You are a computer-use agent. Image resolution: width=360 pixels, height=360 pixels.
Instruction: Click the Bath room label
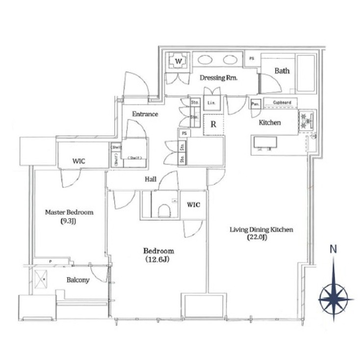coord(282,71)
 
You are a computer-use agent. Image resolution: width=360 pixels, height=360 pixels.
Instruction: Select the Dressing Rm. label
coord(219,78)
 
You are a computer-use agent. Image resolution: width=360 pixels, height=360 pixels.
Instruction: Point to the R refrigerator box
coord(213,124)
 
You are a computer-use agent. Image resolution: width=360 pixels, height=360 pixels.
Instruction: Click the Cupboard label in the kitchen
coord(282,103)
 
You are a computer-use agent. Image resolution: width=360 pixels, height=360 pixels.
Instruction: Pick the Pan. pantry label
coord(255,104)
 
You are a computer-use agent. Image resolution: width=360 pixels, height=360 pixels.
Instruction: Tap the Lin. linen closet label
coord(212,103)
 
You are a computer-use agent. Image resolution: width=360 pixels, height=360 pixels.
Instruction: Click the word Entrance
coord(145,114)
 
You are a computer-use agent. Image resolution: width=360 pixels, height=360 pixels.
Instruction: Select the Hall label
coord(151,180)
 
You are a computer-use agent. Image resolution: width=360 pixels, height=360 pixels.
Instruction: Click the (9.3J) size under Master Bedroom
coord(69,221)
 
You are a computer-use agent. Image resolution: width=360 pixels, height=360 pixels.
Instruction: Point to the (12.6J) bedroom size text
coord(156,259)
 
